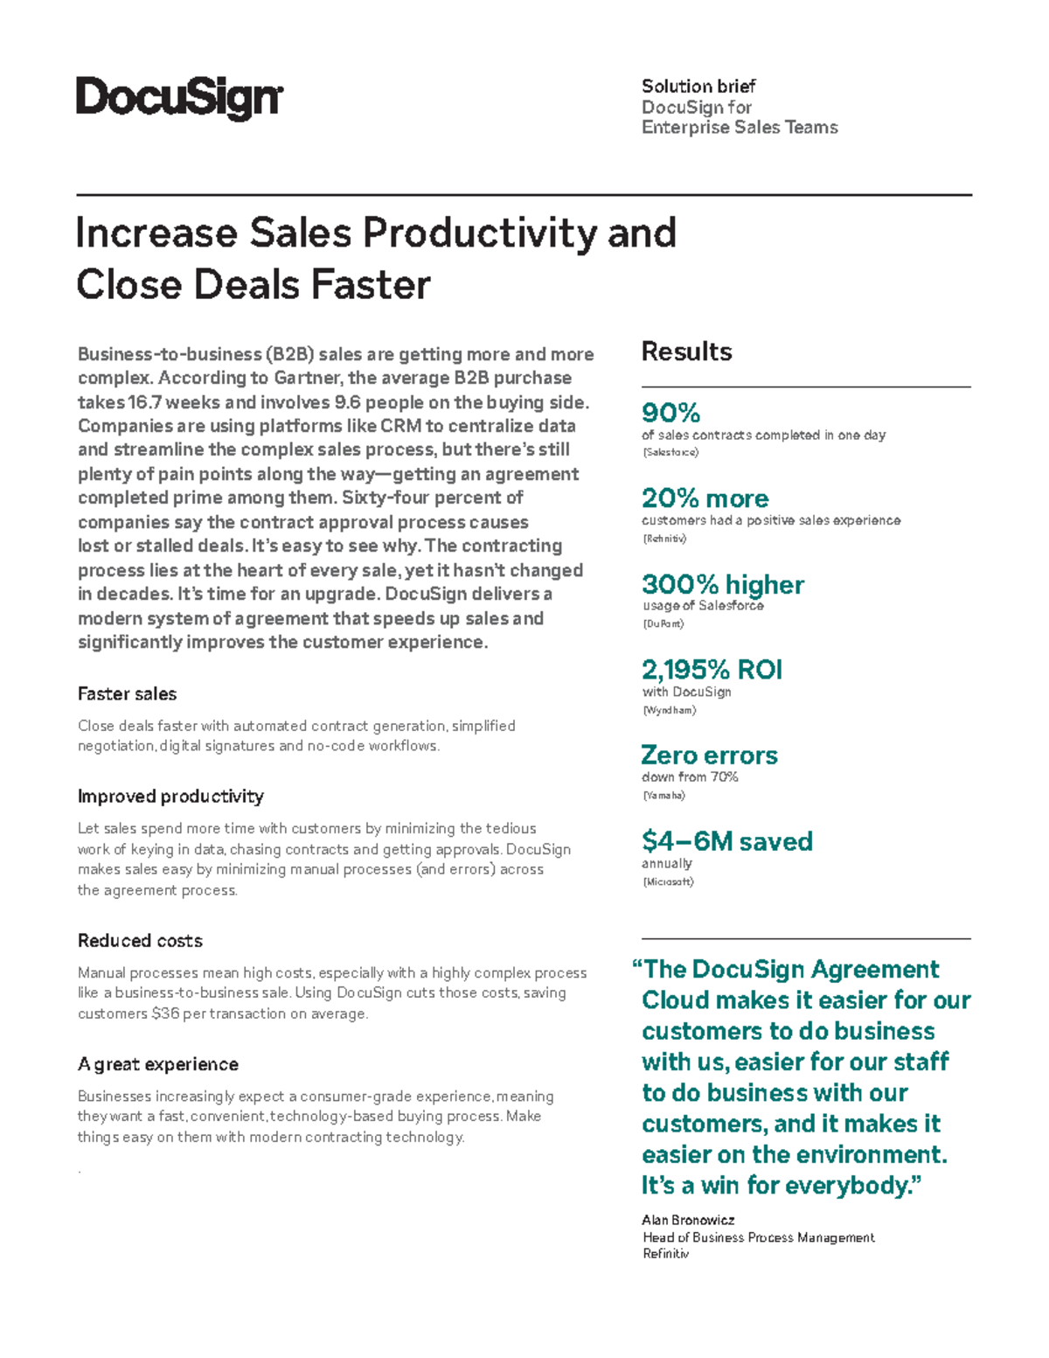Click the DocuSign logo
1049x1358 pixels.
coord(179,98)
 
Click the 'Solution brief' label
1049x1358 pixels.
coord(698,86)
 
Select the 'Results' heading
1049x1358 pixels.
coord(686,352)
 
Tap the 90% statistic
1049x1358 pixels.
coord(670,412)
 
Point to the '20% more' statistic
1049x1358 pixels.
coord(705,498)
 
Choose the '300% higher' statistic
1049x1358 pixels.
coord(722,584)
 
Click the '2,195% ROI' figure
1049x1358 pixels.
coord(712,670)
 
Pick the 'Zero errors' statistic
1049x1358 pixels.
coord(709,756)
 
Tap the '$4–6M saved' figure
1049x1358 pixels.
coord(726,841)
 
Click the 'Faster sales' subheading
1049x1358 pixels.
coord(127,693)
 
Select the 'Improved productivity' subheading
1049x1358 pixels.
coord(170,797)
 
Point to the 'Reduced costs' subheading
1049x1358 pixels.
coord(140,941)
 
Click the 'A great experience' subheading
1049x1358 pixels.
coord(157,1064)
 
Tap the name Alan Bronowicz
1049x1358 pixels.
coord(688,1220)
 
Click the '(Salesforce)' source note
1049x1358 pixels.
coord(670,452)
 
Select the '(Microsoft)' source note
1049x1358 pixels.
coord(668,881)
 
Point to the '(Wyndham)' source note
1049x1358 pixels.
coord(669,710)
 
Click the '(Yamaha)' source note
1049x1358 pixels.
coord(663,796)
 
